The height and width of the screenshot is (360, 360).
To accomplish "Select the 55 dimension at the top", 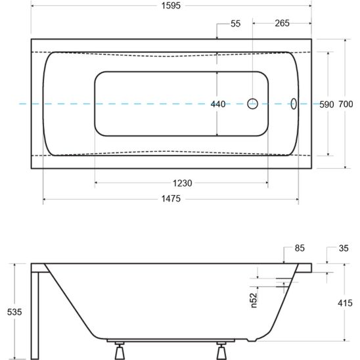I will tap(236, 24).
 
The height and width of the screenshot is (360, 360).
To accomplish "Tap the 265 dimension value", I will tap(282, 24).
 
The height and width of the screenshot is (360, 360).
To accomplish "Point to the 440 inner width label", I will tap(218, 104).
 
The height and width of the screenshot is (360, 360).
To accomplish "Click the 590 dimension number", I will tap(326, 104).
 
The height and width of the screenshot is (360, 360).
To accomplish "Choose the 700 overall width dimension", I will tap(346, 104).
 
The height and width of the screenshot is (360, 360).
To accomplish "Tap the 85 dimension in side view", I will tap(300, 248).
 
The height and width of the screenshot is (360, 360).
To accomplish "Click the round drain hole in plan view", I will tap(253, 104).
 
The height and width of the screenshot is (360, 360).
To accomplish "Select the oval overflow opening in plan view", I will tap(294, 104).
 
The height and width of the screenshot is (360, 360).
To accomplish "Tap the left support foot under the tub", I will tap(119, 348).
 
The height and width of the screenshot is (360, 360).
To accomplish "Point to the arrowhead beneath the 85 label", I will tap(284, 261).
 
